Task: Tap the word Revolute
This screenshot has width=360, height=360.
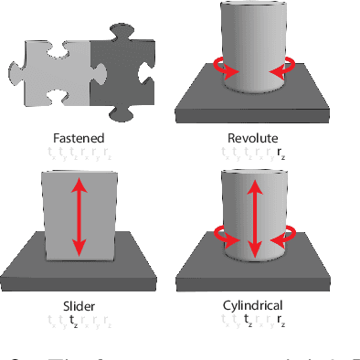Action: [253, 137]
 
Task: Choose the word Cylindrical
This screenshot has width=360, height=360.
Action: [253, 305]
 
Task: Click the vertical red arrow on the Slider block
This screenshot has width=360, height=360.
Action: [78, 217]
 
